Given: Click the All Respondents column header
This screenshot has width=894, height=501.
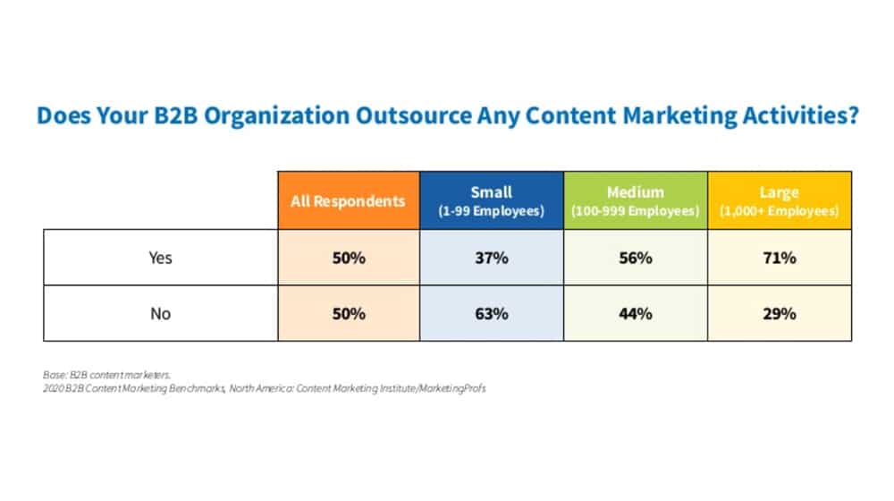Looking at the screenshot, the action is (349, 201).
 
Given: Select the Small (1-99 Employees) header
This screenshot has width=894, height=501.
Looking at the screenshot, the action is (492, 201).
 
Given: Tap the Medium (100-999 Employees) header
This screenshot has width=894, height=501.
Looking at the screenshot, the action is (635, 201).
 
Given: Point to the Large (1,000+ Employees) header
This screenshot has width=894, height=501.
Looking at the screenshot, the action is (780, 201).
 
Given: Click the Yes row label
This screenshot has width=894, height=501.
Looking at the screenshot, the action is (160, 258).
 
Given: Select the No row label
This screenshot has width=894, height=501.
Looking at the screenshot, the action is (160, 314).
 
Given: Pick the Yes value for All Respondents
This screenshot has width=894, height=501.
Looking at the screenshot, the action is (349, 258).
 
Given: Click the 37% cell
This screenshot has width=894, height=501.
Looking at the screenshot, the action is (492, 258).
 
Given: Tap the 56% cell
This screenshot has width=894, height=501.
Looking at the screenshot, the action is (635, 258).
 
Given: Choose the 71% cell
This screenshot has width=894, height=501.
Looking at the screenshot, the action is (780, 258).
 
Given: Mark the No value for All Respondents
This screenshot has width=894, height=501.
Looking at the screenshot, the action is (349, 314).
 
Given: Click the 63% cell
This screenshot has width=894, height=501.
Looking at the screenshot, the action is (492, 314).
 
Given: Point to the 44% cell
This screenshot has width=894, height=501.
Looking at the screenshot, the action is (635, 314).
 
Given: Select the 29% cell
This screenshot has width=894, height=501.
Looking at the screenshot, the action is (780, 314).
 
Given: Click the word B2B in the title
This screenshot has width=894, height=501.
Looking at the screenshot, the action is (175, 115).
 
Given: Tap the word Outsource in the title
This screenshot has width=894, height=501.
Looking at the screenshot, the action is (414, 115).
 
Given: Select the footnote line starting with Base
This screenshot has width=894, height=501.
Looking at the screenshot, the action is (106, 375).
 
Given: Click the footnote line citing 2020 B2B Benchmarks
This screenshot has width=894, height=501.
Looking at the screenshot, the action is (264, 388).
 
